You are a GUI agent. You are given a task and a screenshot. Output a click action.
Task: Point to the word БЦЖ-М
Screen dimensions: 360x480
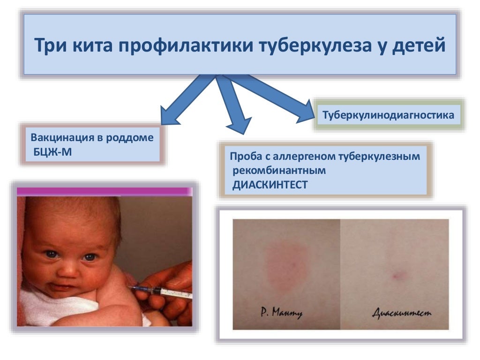tap(52, 152)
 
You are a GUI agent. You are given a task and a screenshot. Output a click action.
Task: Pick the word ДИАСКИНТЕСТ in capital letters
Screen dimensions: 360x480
tap(270, 185)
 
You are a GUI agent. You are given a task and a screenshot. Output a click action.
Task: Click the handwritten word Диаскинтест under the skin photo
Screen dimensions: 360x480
tap(402, 313)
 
